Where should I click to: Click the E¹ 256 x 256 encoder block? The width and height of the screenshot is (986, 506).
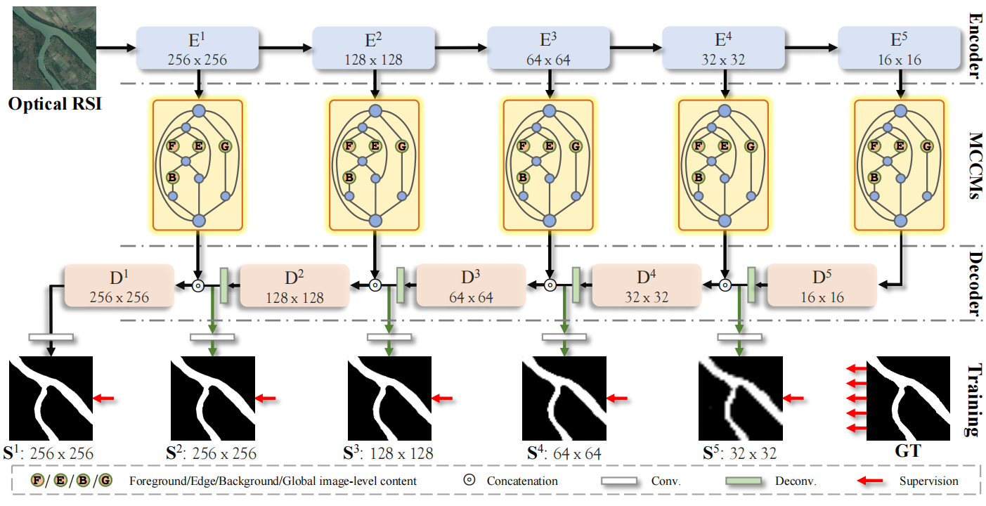197,48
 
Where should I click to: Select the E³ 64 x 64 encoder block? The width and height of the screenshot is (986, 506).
549,48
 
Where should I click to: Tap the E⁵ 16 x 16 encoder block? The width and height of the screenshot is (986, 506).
900,48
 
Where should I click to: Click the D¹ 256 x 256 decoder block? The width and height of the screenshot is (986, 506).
119,286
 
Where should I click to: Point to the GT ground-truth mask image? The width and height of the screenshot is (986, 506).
909,398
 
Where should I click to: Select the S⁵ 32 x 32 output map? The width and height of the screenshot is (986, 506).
740,398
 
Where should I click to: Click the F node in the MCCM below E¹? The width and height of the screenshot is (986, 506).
171,146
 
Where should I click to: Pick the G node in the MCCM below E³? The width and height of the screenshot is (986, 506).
576,146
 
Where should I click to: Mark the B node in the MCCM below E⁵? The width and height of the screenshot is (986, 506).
874,177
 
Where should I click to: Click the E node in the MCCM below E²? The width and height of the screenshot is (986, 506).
375,146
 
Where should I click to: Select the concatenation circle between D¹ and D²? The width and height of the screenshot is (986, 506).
198,285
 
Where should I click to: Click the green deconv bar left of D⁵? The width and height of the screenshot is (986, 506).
751,285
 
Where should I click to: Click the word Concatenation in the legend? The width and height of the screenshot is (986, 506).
522,481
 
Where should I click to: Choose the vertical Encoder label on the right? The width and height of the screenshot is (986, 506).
972,46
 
